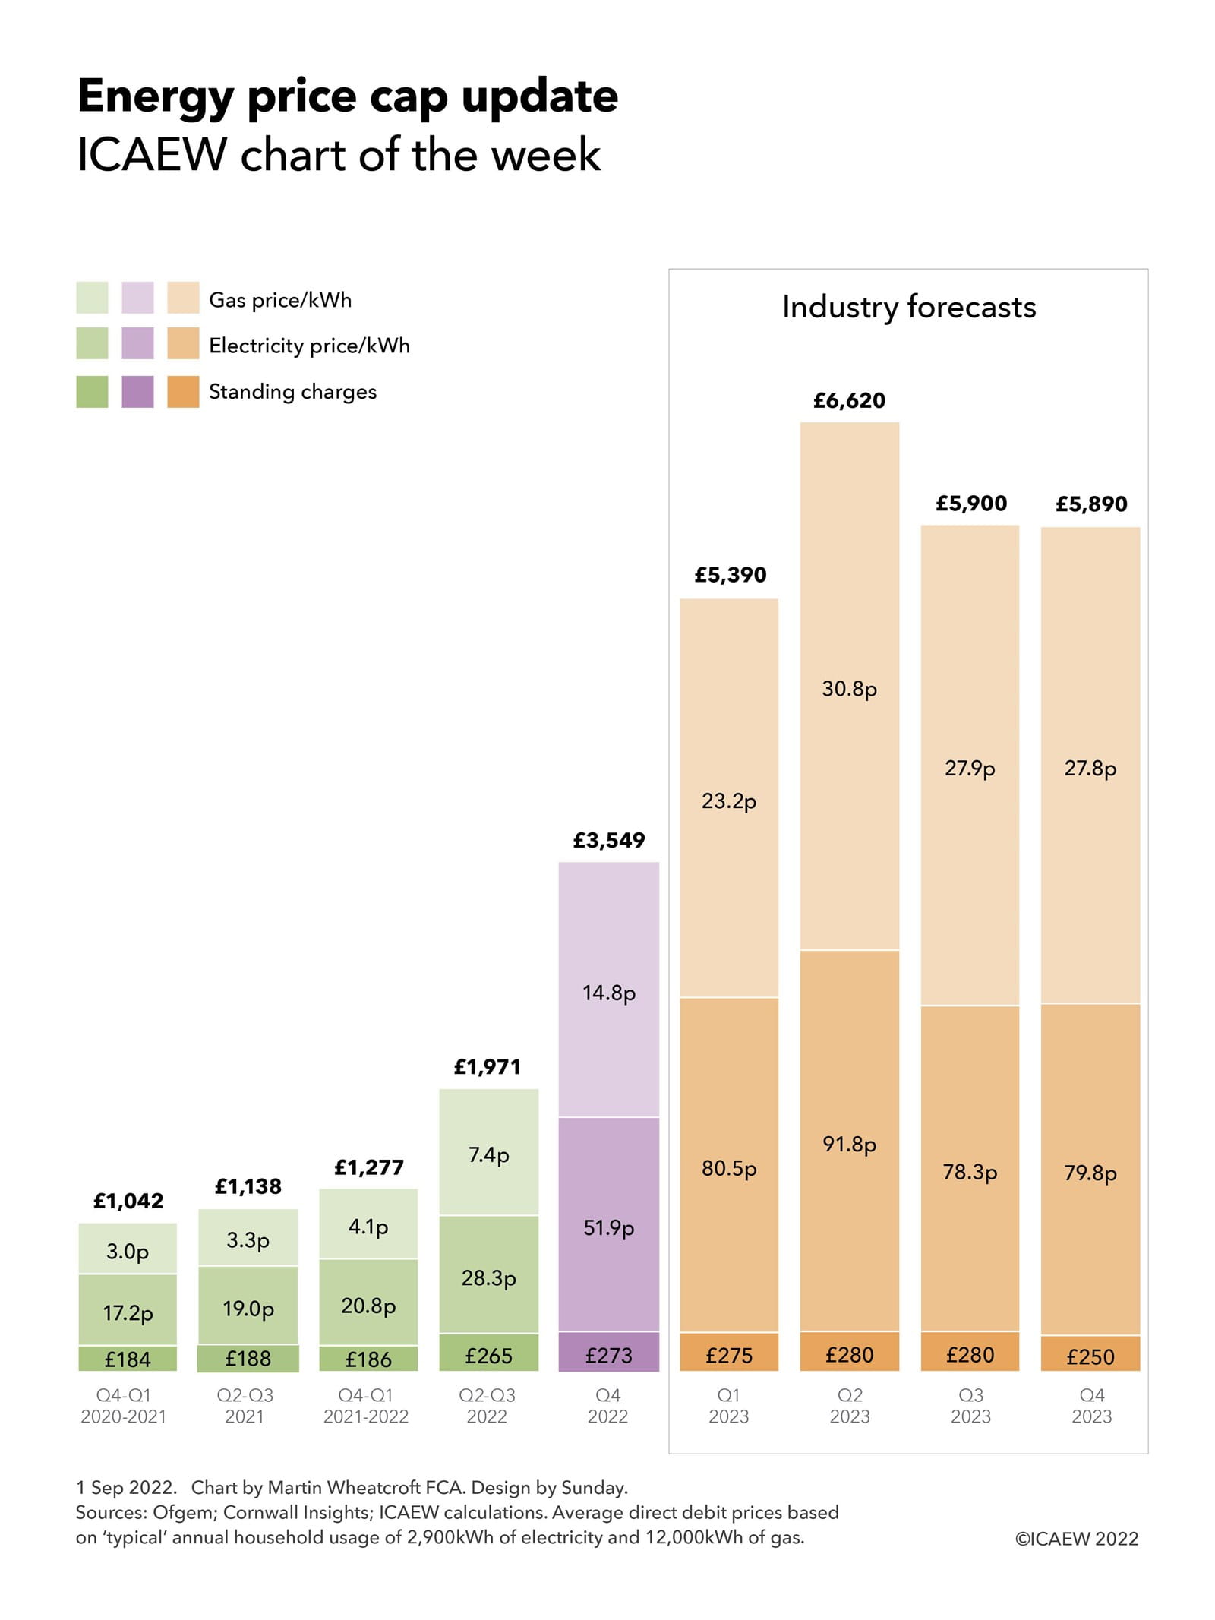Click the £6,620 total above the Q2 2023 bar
point(849,400)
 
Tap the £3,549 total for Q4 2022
point(608,840)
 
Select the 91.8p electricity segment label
point(849,1144)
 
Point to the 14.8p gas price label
point(608,993)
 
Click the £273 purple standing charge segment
point(608,1355)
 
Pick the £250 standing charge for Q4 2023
point(1090,1356)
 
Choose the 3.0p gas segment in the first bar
point(128,1251)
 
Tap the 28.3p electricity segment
point(488,1277)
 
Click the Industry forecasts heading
point(908,307)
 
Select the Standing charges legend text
point(292,392)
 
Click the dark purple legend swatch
point(137,392)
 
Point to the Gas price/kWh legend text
point(280,300)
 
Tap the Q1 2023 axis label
point(728,1406)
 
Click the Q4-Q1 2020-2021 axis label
point(123,1406)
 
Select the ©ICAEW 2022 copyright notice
point(1076,1539)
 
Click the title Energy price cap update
point(347,96)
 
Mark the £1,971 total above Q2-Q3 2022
point(487,1067)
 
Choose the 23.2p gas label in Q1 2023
point(728,801)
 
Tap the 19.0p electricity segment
point(248,1308)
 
